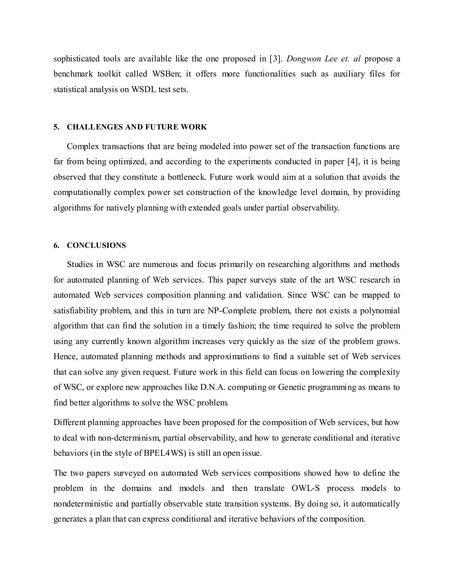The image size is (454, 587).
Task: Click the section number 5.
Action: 56,127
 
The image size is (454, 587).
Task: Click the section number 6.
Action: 56,245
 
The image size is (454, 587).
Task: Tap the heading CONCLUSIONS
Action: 96,245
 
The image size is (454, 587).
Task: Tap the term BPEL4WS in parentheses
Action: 165,453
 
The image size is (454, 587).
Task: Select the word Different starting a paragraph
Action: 69,422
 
